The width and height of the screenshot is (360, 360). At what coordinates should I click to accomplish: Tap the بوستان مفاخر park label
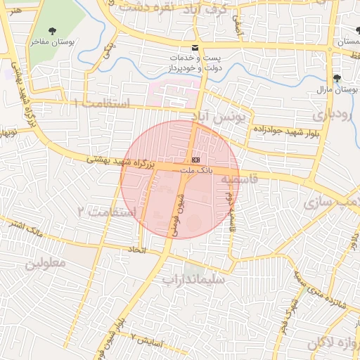pyautogui.click(x=53, y=42)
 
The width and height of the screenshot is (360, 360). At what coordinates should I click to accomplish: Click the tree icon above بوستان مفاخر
pyautogui.click(x=53, y=31)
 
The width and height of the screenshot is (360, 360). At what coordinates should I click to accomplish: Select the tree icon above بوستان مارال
pyautogui.click(x=337, y=77)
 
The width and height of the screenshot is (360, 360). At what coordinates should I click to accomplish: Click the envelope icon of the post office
pyautogui.click(x=195, y=48)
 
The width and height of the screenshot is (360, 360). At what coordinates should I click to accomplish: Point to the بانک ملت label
pyautogui.click(x=195, y=171)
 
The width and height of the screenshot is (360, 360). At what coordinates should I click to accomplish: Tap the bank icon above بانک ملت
pyautogui.click(x=195, y=160)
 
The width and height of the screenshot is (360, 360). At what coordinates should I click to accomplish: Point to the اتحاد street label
pyautogui.click(x=136, y=250)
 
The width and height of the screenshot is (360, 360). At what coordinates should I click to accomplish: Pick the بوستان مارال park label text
pyautogui.click(x=337, y=89)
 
